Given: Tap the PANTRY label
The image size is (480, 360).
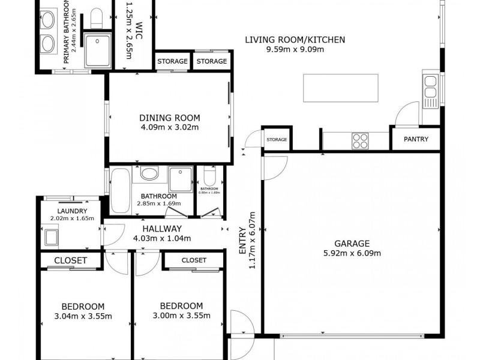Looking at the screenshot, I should coord(416,139).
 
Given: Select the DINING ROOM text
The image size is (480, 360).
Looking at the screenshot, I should coord(170,118).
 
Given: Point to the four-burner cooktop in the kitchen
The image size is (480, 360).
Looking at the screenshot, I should coord(360,140).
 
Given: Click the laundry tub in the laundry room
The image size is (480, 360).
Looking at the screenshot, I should coord(51,236).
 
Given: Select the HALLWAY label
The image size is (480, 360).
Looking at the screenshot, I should coord(162,229).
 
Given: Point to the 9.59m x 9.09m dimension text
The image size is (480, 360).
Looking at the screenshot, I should coord(295,50).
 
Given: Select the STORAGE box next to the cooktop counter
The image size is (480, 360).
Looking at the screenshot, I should coord(277,139).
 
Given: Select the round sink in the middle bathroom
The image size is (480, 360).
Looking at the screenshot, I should coord(150,174).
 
